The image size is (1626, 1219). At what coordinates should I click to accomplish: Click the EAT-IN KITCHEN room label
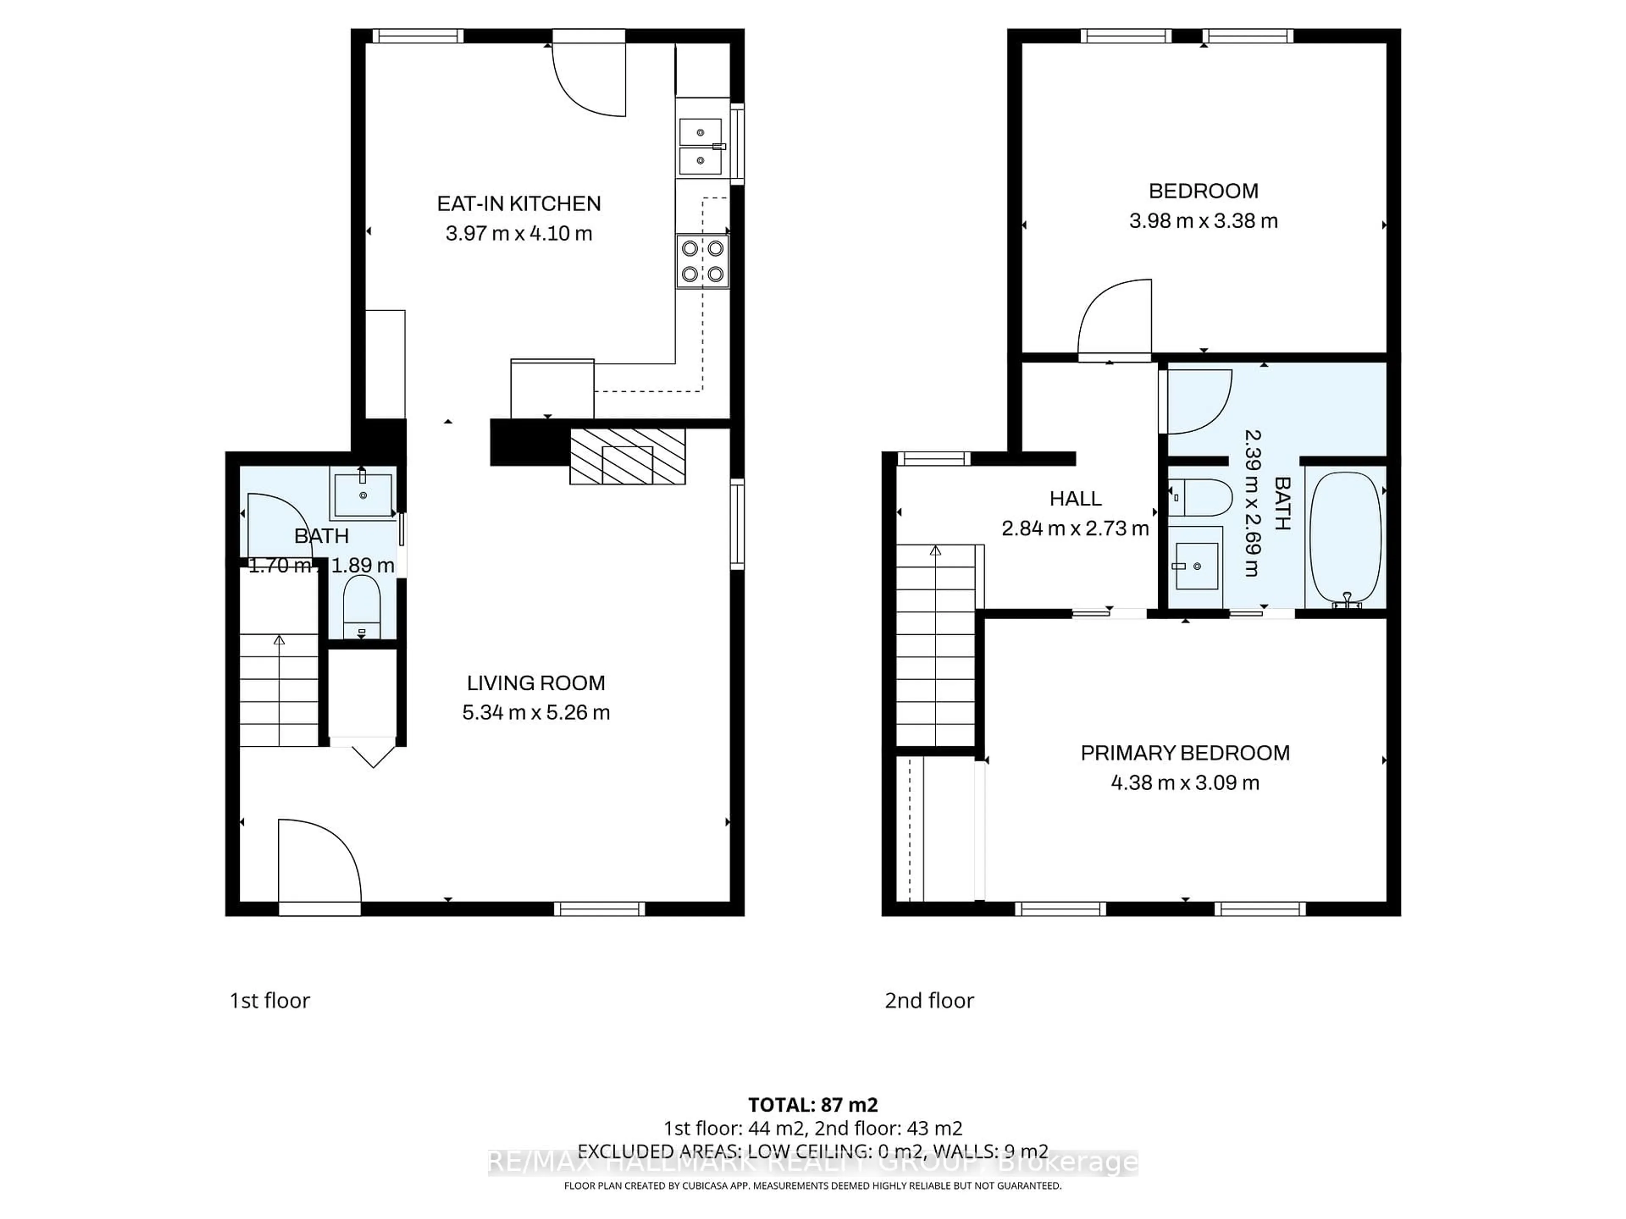[x=519, y=204]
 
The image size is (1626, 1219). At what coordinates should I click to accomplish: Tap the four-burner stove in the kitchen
[x=702, y=261]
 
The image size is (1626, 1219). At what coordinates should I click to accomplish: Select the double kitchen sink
[x=700, y=146]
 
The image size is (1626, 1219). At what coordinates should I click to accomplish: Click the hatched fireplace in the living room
[x=627, y=456]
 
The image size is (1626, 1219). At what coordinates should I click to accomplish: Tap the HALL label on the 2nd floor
[x=1075, y=499]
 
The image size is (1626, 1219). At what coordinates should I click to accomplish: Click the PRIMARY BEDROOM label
[x=1184, y=753]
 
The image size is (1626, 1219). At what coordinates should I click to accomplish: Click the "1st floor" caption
[x=270, y=1001]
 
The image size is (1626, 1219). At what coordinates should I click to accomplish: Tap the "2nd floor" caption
[x=929, y=1001]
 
